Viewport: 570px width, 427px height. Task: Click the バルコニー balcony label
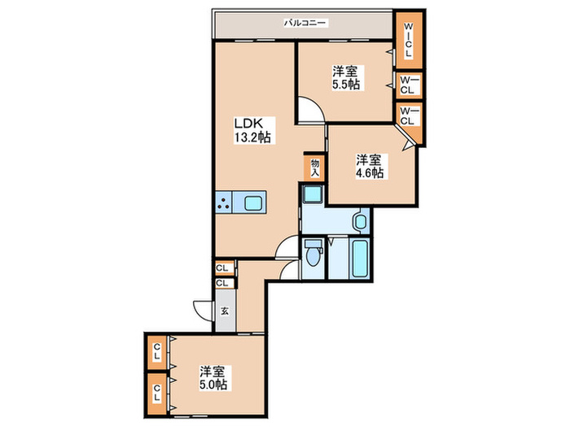coord(305,24)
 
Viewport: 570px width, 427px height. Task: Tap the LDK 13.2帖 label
coord(252,130)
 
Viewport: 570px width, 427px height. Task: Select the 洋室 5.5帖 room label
coord(346,77)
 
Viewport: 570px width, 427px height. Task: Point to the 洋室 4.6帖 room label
coord(370,166)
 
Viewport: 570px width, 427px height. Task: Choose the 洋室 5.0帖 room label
coord(213,377)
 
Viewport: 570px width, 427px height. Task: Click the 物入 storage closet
coord(315,168)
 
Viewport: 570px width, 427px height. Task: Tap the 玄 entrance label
coord(225,312)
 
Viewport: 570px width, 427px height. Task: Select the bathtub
coord(360,258)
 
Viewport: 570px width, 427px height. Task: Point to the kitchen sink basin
coord(252,203)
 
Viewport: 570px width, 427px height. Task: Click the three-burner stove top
coord(224,203)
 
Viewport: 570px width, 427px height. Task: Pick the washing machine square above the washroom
coord(313,194)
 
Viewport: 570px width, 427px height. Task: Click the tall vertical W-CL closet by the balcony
coord(409,40)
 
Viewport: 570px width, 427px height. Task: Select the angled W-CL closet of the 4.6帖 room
coord(410,124)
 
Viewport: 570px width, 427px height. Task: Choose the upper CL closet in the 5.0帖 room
coord(156,352)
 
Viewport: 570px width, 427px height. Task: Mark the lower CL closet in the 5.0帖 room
coord(156,394)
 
